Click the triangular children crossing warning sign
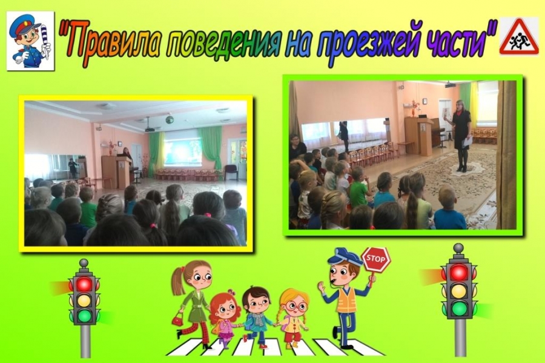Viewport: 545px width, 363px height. point(519,37)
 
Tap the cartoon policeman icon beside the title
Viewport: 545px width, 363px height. point(30,41)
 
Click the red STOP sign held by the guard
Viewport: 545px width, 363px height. point(375,259)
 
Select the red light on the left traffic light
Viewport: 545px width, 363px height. point(84,284)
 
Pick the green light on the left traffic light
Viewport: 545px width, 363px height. point(84,316)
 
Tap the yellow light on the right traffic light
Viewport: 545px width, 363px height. point(459,290)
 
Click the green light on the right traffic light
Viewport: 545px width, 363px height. point(459,308)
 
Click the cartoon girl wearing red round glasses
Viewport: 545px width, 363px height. point(292,318)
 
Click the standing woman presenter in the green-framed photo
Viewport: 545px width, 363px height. point(461,136)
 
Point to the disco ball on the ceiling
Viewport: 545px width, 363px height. point(170,119)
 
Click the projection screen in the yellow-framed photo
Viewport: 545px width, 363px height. point(182,152)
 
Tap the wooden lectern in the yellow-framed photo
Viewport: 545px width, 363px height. point(116,173)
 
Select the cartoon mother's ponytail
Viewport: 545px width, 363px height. point(178,281)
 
